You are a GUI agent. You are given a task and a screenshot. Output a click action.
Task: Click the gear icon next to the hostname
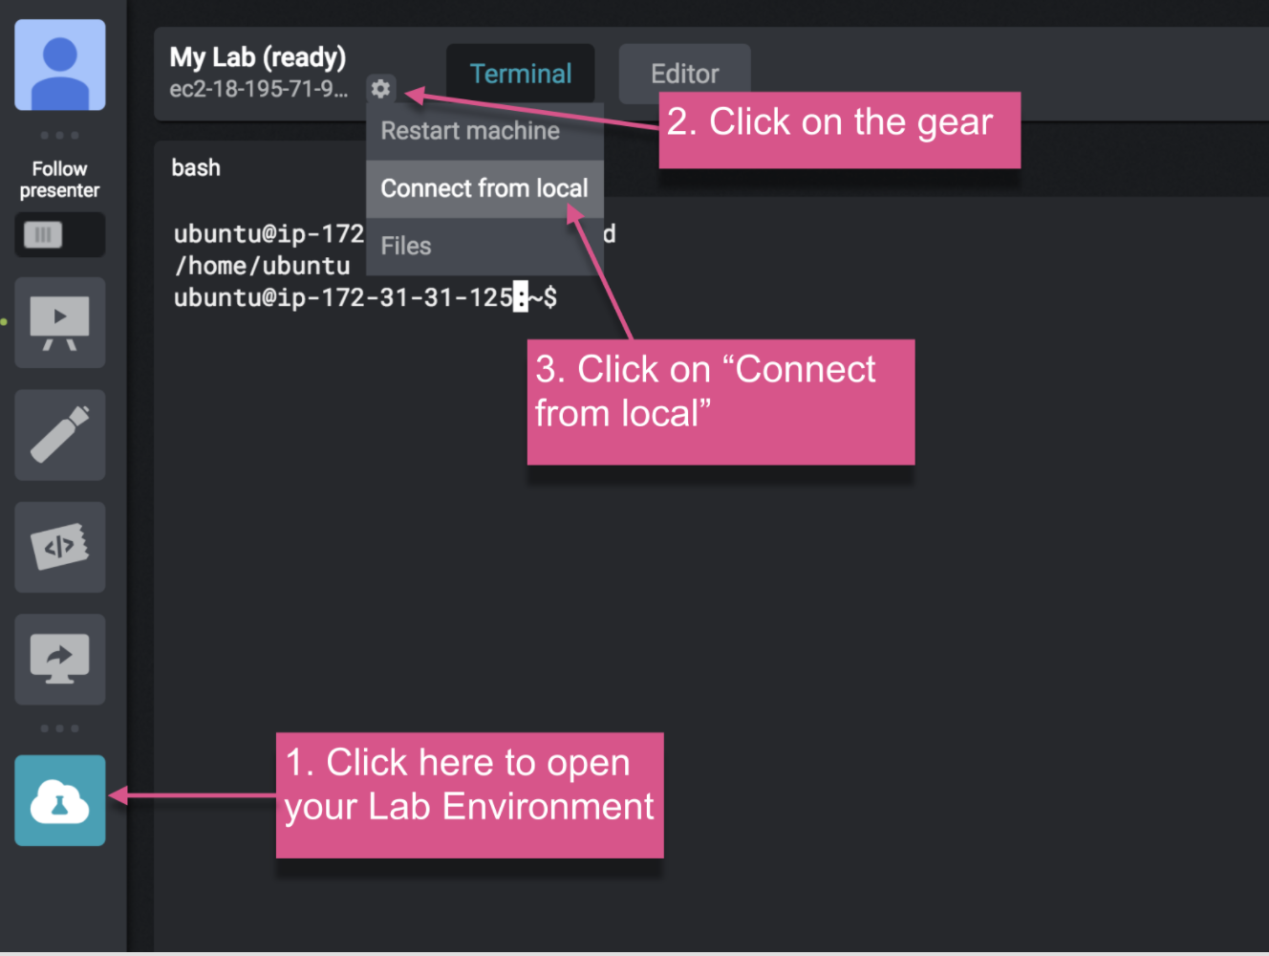(x=380, y=89)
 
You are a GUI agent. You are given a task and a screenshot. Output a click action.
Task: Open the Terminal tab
(x=521, y=74)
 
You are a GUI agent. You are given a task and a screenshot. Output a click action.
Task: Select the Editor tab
(x=684, y=74)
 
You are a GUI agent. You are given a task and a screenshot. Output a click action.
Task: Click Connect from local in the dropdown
(x=485, y=188)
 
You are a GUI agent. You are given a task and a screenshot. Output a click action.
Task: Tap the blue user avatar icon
(x=60, y=65)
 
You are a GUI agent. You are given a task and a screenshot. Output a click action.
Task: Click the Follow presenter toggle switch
(x=60, y=235)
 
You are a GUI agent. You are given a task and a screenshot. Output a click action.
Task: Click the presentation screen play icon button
(x=60, y=322)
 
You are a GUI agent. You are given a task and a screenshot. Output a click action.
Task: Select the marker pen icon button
(x=60, y=435)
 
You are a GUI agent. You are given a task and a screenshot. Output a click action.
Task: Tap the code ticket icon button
(x=60, y=547)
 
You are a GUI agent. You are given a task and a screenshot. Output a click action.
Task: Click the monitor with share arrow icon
(x=60, y=660)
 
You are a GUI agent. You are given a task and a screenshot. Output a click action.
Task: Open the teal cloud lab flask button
(x=60, y=800)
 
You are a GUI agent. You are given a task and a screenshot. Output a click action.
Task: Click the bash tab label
(x=196, y=167)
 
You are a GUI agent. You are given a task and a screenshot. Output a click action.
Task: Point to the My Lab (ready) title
(x=258, y=57)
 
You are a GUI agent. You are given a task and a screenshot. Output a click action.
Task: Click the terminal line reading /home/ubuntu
(x=262, y=266)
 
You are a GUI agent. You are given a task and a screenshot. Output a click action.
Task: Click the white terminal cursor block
(x=521, y=297)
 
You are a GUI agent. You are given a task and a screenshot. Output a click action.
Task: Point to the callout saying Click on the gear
(x=839, y=130)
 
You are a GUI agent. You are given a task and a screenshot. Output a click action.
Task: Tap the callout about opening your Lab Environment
(x=469, y=795)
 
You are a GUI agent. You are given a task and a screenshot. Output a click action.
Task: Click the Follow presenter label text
(x=59, y=180)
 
